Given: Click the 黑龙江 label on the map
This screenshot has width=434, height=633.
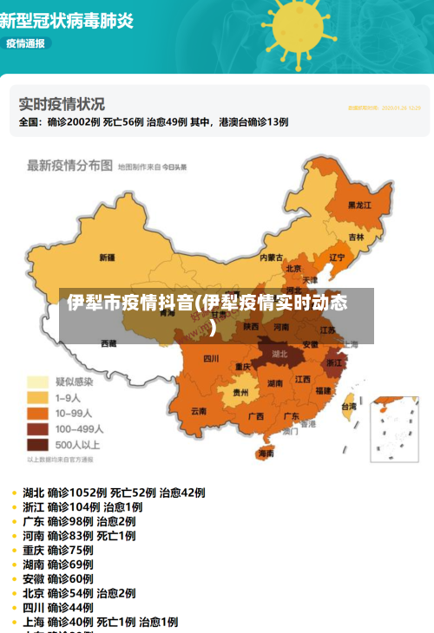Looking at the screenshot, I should coord(359,206).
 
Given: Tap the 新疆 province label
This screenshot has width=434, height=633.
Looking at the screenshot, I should coord(108,258).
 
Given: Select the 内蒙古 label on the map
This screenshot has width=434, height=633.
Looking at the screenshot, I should coord(273,257).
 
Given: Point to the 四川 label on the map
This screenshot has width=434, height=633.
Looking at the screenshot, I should coord(211,358).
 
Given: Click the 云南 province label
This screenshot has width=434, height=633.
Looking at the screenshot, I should coord(199,410).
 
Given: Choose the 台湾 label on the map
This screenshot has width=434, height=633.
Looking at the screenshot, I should coord(348,406).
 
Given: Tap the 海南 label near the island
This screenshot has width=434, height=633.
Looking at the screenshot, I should coord(266,453).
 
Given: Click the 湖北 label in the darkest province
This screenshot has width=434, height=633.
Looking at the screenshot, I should coord(279,354).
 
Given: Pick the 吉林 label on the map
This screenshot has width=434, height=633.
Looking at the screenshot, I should coord(357,237).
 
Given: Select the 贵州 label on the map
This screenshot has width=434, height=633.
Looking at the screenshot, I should coord(240,392).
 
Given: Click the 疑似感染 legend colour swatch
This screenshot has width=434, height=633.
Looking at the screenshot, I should coord(37,382).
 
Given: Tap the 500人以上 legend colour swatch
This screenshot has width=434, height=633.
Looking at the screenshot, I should coord(37,444).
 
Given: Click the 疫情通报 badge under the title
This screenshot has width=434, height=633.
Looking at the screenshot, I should coord(26,42).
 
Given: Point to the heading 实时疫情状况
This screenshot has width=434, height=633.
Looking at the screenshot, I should coord(62,104).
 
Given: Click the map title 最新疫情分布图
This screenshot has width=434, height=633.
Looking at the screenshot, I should coord(69,165).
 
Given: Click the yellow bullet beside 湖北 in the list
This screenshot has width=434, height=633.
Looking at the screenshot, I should coord(15,493).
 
